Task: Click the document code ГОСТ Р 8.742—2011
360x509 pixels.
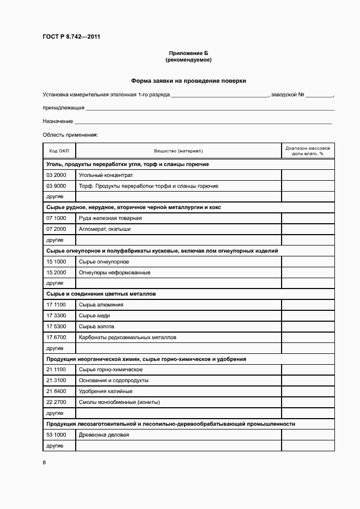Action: [71, 37]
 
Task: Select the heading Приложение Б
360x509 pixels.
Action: [188, 53]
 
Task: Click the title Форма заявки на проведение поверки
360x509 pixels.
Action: [188, 81]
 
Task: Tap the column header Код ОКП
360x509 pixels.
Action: [59, 151]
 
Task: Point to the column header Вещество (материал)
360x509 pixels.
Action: [178, 151]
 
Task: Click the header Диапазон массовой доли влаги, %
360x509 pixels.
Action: [308, 151]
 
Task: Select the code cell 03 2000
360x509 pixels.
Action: [56, 175]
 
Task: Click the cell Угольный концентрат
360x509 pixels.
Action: [106, 175]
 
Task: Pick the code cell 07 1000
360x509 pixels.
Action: [56, 218]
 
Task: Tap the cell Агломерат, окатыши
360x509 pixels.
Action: [105, 229]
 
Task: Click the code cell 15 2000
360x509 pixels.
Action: [56, 272]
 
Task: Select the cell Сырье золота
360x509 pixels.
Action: [96, 327]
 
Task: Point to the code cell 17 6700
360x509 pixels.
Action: [56, 338]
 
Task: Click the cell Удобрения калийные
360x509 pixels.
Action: [106, 391]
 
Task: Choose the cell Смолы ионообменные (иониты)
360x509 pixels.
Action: [119, 402]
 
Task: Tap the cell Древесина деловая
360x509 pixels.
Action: [104, 435]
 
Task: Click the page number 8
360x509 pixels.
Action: [44, 463]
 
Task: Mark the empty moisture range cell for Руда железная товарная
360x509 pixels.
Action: [308, 218]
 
